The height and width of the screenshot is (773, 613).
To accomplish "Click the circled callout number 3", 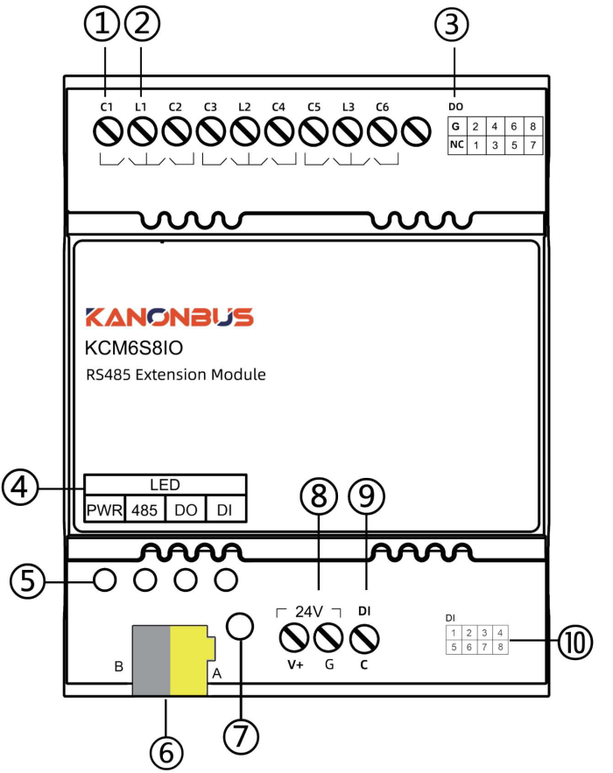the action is pos(452,25).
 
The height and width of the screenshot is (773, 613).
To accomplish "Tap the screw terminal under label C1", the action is pos(108,131).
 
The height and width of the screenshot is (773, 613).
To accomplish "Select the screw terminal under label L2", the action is pos(245,131).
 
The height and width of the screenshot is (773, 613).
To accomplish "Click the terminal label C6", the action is pos(382,107).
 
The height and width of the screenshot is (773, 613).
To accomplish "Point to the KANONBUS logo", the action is pos(170,317).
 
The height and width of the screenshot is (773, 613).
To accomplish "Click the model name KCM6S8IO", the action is pos(134,348).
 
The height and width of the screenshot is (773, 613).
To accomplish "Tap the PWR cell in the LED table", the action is pos(104,509).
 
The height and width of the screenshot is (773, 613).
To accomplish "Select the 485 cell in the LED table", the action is pos(144,509).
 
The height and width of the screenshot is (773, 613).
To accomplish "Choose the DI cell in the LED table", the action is pos(225,509).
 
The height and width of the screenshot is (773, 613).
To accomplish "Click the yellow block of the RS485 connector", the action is pos(189,661).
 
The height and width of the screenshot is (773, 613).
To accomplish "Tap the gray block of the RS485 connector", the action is pos(151,661).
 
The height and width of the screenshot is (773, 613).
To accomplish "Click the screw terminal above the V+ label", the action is pos(294,638).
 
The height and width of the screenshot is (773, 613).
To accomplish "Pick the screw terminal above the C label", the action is pos(364,639).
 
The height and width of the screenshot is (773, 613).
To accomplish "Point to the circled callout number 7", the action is pos(241,736).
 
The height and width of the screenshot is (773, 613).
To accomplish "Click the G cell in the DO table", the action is pos(456,126).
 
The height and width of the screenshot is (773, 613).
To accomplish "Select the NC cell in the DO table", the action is pos(456,145).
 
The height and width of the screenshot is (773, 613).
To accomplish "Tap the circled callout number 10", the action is pos(575,642).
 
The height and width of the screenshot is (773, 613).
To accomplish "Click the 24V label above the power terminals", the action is pos(309,612).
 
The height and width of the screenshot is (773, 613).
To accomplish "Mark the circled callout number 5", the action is pos(28,580).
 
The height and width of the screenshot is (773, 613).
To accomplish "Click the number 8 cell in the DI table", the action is pos(501,647).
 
